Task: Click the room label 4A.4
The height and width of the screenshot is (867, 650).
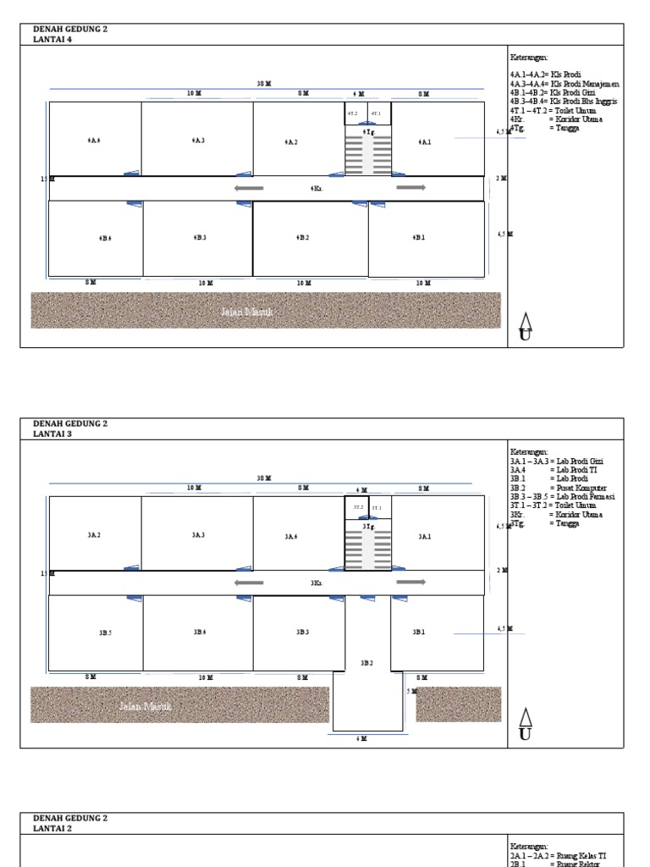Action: pos(94,141)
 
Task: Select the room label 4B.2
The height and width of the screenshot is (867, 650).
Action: pos(302,238)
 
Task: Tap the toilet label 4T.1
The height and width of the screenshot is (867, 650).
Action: pos(376,113)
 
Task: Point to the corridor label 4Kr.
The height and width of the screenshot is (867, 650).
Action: pos(316,189)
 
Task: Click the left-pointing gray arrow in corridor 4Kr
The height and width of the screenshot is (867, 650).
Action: pos(249,188)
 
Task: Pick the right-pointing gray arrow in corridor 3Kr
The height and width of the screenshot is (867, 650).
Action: pos(410,582)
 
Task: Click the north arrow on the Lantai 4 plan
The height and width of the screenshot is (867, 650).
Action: pos(526,326)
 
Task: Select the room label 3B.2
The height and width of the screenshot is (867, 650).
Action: pos(366,663)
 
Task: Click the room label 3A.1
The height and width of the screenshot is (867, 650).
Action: pos(424,536)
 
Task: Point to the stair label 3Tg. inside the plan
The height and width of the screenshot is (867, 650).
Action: pos(368,527)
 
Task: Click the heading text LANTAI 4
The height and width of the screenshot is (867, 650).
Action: pos(52,38)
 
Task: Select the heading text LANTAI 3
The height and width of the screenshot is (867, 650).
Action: pos(52,433)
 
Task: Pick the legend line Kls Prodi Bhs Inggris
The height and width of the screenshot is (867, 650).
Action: pos(563,102)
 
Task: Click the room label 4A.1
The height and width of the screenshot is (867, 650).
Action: pos(424,142)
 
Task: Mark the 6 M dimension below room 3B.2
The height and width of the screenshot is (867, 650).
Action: pos(361,738)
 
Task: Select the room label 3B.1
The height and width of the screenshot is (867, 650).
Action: pos(419,632)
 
